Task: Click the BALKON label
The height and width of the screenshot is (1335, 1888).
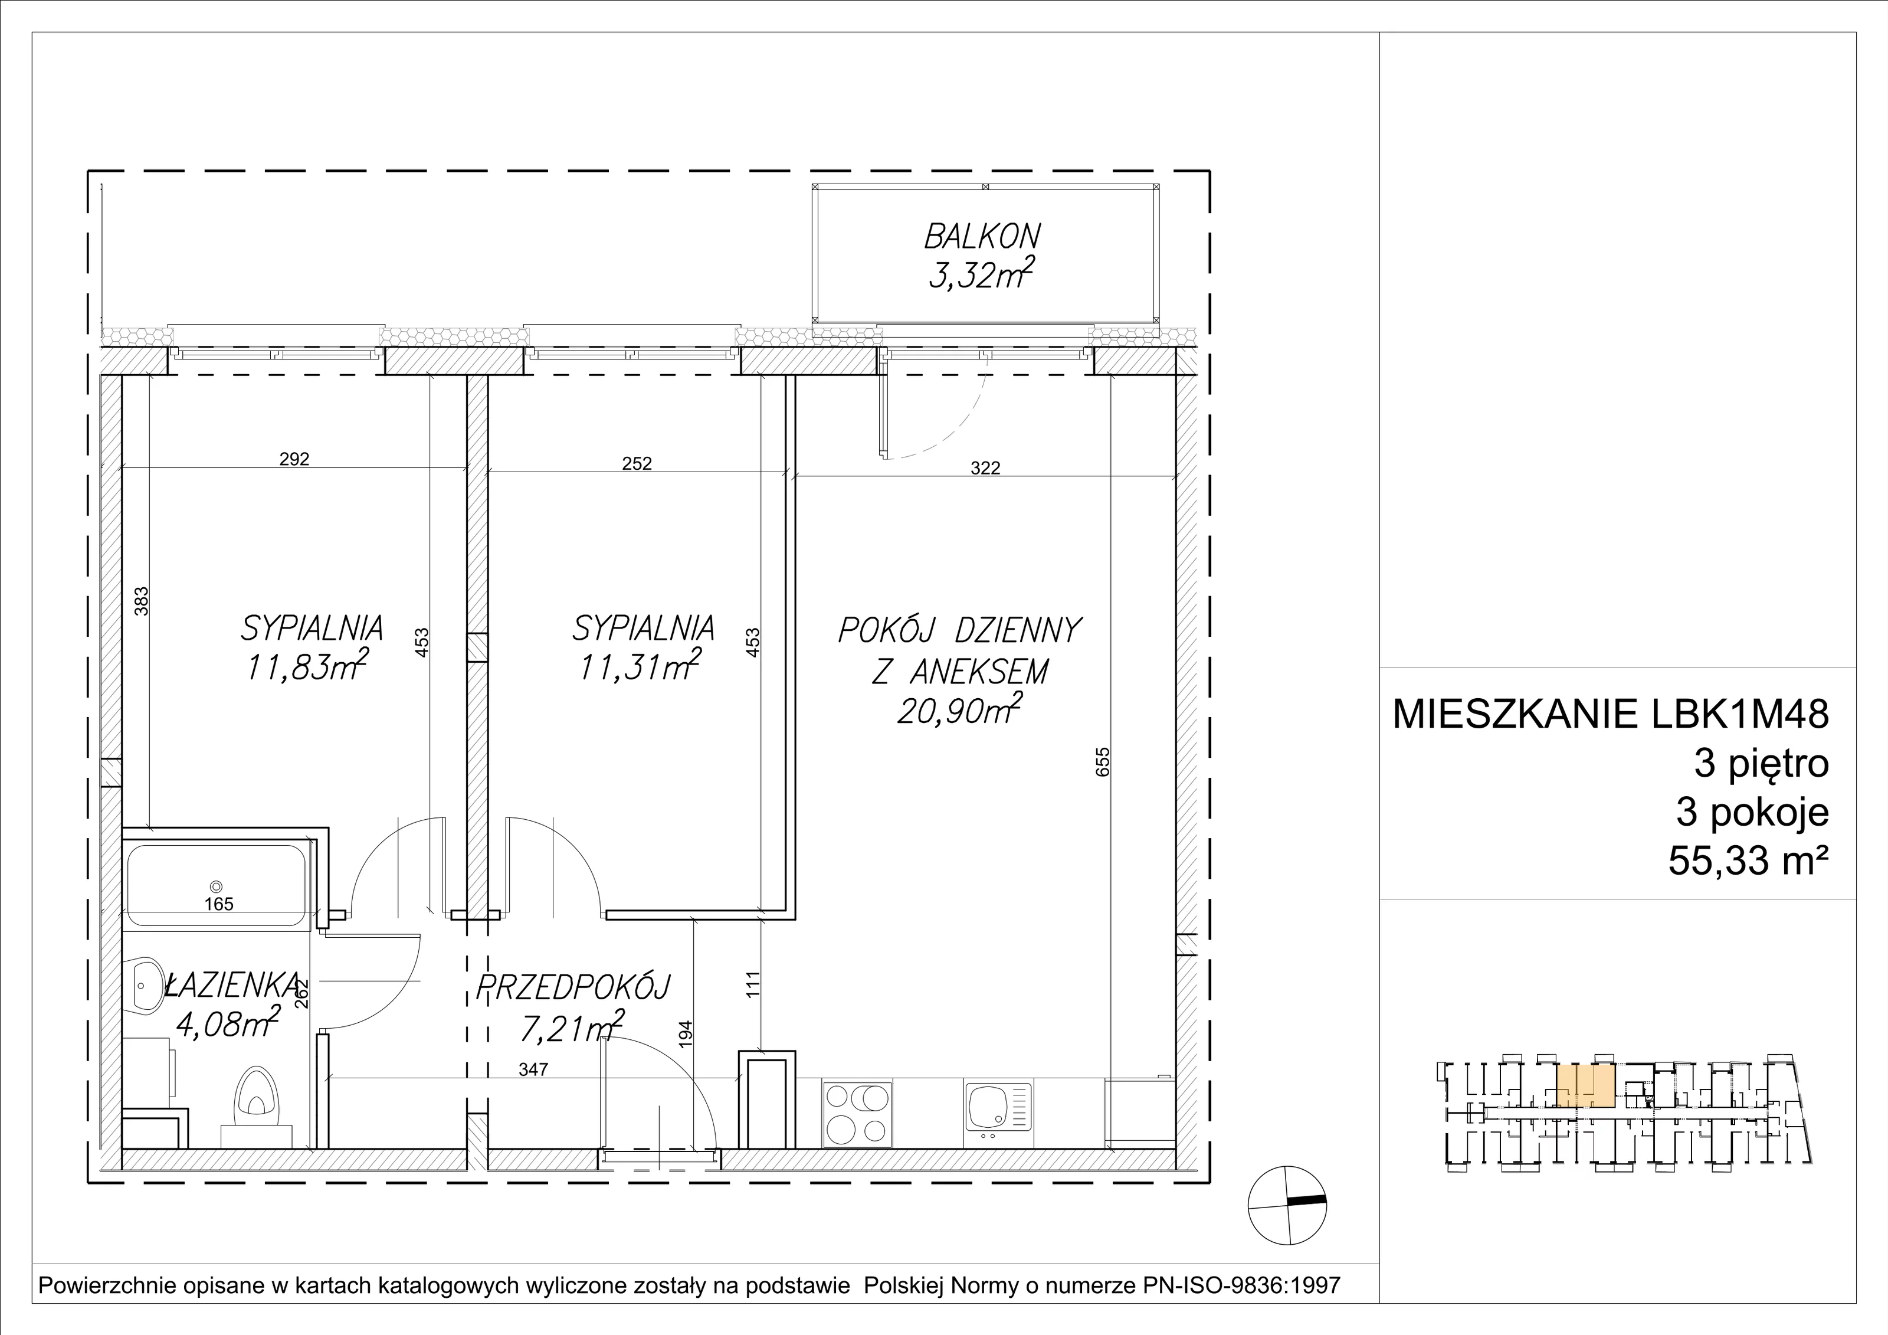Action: click(982, 237)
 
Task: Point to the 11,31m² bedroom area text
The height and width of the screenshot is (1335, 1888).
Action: click(640, 666)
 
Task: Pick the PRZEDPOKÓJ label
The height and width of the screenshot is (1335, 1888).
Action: click(573, 987)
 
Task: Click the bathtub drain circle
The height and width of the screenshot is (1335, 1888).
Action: click(217, 886)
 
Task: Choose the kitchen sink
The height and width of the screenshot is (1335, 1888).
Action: click(998, 1111)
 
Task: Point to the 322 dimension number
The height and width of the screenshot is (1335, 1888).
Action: click(985, 468)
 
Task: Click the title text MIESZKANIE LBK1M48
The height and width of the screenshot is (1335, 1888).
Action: click(1611, 714)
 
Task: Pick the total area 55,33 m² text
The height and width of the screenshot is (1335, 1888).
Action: click(1748, 862)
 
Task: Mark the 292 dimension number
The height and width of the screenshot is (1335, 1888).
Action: click(294, 459)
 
